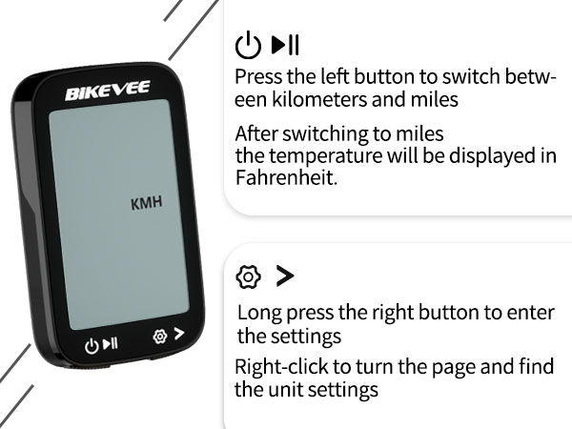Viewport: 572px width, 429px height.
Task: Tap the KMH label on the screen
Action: pyautogui.click(x=146, y=202)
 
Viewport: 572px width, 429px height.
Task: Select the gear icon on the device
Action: pyautogui.click(x=160, y=337)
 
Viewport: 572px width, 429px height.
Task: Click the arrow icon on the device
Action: pyautogui.click(x=178, y=336)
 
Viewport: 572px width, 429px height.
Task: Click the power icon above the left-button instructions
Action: pyautogui.click(x=248, y=45)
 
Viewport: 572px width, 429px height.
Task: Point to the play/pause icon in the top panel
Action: pyautogui.click(x=285, y=45)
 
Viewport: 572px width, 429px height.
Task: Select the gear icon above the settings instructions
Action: pyautogui.click(x=248, y=277)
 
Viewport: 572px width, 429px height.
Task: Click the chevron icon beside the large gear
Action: pyautogui.click(x=284, y=276)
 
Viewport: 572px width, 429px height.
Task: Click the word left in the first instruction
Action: pyautogui.click(x=337, y=76)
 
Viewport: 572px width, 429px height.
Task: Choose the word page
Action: pyautogui.click(x=460, y=367)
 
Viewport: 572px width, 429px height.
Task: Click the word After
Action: pyautogui.click(x=256, y=133)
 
